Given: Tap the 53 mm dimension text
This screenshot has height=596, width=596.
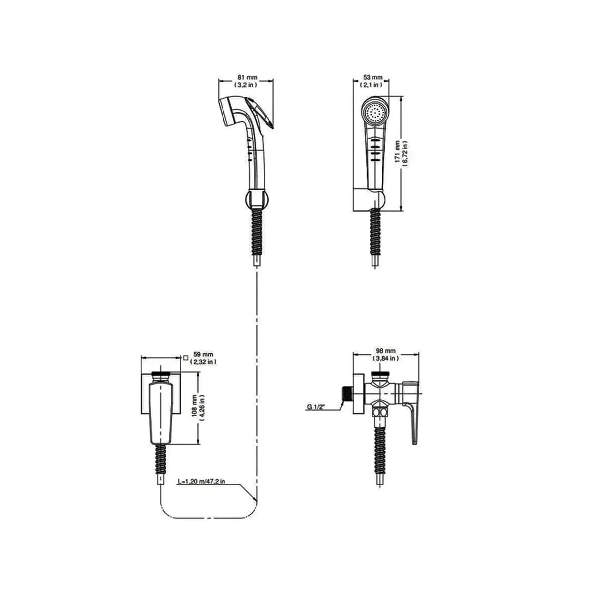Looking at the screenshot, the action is [x=372, y=77].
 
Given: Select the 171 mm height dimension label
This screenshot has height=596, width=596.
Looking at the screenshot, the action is [x=397, y=153].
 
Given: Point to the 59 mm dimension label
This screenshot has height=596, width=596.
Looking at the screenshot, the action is [x=203, y=354].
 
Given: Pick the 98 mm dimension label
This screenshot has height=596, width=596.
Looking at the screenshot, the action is [x=386, y=351].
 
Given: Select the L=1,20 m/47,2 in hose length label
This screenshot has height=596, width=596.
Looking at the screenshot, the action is [x=201, y=482].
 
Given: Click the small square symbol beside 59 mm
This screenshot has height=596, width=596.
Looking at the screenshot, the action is [x=186, y=357].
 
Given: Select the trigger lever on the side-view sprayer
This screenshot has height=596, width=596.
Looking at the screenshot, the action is [x=263, y=114].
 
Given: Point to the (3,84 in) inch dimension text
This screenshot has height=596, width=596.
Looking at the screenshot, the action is [x=386, y=358].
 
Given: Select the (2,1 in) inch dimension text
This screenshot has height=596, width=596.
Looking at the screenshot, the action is [x=372, y=85].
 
